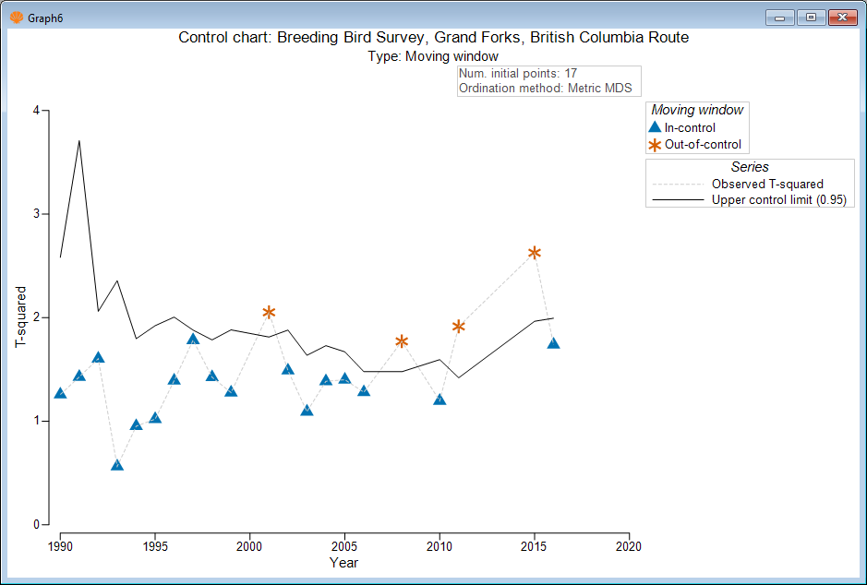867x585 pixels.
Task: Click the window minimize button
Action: point(781,18)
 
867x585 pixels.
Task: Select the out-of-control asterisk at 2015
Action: point(535,253)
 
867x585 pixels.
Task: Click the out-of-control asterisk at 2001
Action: point(269,313)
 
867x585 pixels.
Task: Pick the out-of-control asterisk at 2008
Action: point(402,341)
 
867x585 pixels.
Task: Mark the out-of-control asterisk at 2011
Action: point(458,326)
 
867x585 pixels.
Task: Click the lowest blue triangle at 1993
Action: point(117,465)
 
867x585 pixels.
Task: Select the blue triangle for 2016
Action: point(553,343)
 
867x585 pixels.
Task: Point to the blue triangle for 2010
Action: point(440,400)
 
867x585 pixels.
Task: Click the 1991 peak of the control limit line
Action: point(79,141)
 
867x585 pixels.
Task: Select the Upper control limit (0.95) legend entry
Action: point(778,199)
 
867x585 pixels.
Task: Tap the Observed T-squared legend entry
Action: point(767,184)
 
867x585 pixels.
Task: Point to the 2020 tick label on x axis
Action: point(629,545)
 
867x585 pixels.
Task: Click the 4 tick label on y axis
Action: point(36,110)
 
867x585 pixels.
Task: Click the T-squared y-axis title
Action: point(20,317)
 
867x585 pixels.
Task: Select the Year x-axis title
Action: point(343,562)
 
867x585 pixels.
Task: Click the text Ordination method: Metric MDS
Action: point(545,89)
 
